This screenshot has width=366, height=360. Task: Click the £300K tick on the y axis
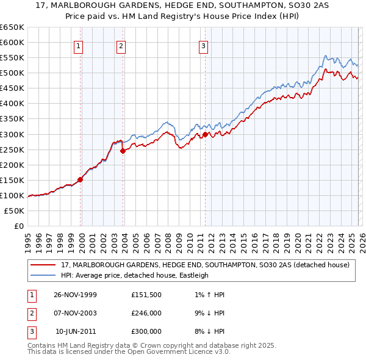click(12, 134)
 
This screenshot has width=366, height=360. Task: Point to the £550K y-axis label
click(12, 58)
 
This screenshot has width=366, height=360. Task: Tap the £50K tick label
click(15, 211)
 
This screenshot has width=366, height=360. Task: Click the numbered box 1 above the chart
click(79, 46)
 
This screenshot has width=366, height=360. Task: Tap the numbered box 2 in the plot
click(121, 46)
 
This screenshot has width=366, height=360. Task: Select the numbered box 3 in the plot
click(203, 46)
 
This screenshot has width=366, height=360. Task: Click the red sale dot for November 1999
click(81, 179)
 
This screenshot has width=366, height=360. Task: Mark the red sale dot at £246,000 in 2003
click(123, 151)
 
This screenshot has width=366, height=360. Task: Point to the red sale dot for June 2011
click(206, 134)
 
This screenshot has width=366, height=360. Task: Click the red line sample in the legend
click(43, 265)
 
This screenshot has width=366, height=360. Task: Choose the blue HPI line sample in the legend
click(43, 275)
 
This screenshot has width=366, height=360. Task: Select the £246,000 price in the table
click(146, 313)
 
